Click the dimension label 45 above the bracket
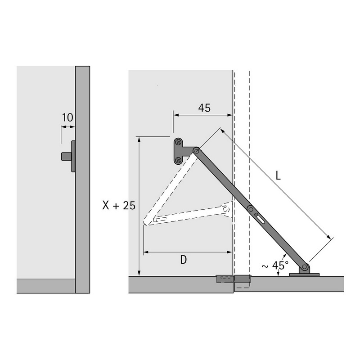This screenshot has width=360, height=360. click(x=204, y=108)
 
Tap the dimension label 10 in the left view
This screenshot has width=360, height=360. click(x=67, y=117)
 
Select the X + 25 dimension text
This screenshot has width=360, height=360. click(x=119, y=205)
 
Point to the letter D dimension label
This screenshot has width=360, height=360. click(x=184, y=260)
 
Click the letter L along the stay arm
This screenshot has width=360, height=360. click(x=278, y=176)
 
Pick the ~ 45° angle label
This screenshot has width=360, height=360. click(x=275, y=265)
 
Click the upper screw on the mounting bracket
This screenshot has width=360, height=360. click(x=178, y=143)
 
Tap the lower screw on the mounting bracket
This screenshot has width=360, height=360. click(x=178, y=160)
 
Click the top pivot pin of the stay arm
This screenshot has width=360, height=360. click(x=196, y=151)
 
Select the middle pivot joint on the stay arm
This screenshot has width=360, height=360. click(x=251, y=209)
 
